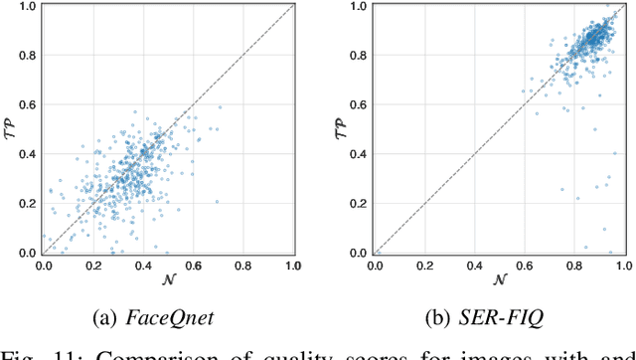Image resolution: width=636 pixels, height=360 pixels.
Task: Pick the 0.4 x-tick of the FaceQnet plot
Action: [143, 267]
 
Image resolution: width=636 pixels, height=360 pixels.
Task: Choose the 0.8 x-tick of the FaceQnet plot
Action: [243, 267]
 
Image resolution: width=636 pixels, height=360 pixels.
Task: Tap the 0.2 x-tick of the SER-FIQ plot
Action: [424, 267]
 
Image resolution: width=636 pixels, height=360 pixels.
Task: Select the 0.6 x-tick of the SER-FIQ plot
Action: [525, 267]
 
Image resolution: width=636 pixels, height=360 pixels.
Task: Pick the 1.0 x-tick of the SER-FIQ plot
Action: [623, 267]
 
